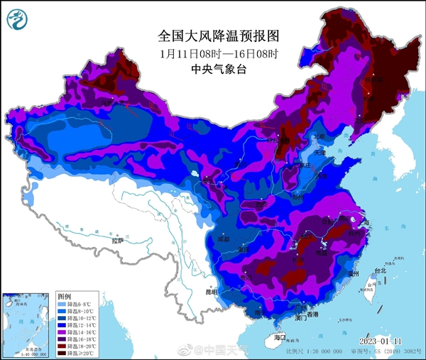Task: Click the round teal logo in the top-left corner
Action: pos(18,18)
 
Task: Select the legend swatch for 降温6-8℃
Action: pos(64,304)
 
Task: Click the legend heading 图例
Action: pos(65,295)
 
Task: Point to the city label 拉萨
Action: pos(117,241)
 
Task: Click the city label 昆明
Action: pos(192,292)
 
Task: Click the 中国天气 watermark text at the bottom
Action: pos(229,349)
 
